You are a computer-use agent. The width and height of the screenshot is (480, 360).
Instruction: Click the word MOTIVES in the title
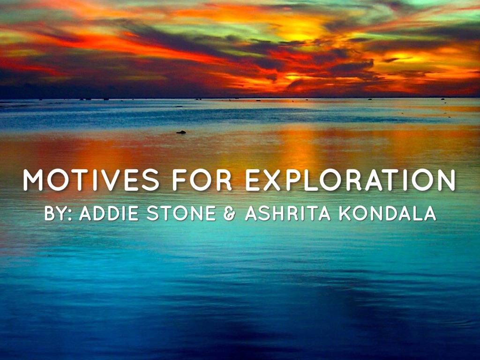91,180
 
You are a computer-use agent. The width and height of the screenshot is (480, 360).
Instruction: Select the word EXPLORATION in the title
350,180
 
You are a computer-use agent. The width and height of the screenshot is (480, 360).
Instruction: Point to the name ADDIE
109,213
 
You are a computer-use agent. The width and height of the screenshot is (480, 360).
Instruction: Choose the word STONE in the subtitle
181,213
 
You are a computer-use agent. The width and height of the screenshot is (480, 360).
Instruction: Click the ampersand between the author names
229,213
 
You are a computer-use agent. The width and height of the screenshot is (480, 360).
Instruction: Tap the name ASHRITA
288,213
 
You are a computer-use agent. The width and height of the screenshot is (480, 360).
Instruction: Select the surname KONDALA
388,213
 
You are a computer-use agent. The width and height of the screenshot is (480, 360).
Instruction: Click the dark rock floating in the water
181,132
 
